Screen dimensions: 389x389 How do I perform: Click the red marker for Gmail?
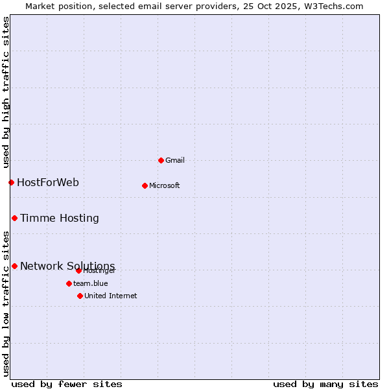[161, 160]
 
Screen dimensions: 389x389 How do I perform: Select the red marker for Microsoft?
[145, 185]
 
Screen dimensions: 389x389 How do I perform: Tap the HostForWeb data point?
[11, 182]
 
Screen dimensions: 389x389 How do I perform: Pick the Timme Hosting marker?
[14, 218]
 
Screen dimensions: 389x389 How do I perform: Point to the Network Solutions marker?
[14, 266]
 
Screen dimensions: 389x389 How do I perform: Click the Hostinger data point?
[78, 270]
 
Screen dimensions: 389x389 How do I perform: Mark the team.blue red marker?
[69, 283]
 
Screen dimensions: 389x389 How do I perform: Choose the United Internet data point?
[80, 296]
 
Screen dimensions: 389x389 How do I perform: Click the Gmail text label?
[175, 160]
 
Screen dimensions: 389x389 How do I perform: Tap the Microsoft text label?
[165, 185]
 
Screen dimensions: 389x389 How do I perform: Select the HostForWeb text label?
[48, 182]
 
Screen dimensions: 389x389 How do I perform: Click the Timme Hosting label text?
[60, 218]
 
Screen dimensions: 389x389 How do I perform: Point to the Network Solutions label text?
[67, 266]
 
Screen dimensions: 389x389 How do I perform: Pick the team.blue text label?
[91, 283]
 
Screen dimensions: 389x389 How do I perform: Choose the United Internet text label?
[111, 296]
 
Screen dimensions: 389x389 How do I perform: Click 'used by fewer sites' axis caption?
[67, 384]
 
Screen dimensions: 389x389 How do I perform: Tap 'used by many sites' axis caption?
[325, 384]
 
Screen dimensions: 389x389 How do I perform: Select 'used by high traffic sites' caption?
[6, 93]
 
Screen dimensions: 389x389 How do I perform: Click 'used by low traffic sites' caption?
[6, 303]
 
